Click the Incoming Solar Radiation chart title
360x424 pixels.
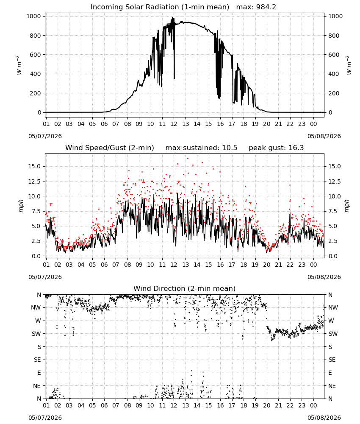[x=160, y=7]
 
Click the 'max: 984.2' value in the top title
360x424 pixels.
[x=256, y=7]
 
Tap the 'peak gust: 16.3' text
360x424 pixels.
[x=276, y=148]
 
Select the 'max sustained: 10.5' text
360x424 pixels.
[x=201, y=148]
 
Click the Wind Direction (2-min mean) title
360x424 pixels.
[x=185, y=288]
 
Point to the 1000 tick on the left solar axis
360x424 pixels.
[x=34, y=16]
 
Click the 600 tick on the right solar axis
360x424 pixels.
[x=334, y=55]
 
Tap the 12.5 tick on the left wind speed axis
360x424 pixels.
[x=34, y=181]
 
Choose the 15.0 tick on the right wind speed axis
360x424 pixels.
[x=335, y=166]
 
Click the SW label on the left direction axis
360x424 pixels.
[x=36, y=334]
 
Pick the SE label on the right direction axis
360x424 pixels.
[x=332, y=360]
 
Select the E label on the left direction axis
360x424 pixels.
[x=39, y=373]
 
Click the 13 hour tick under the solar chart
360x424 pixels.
[x=186, y=124]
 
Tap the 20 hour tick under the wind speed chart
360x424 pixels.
[x=267, y=265]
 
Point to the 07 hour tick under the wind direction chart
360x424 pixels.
[x=116, y=405]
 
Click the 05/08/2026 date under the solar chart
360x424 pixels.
[x=324, y=136]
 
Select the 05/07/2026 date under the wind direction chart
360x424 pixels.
[x=45, y=418]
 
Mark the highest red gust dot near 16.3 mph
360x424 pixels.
[x=188, y=159]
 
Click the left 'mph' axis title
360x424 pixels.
[x=21, y=206]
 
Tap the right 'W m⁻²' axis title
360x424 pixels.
[x=349, y=65]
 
